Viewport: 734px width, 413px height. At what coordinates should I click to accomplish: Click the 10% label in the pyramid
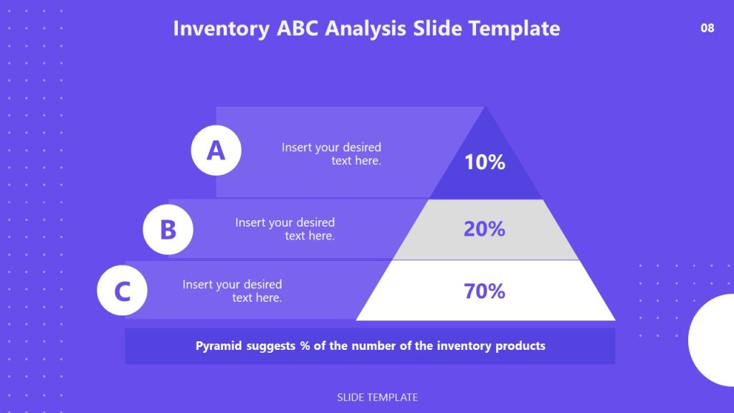point(485,162)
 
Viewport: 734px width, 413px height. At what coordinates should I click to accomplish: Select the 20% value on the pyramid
point(485,229)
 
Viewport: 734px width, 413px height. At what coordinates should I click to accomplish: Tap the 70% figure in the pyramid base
point(485,291)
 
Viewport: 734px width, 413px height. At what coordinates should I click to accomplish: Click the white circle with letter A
point(216,151)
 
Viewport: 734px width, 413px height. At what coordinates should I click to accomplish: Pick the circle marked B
point(168,229)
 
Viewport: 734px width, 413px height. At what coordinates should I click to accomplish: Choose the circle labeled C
point(123,292)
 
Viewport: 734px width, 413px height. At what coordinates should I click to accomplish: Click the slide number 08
point(707,29)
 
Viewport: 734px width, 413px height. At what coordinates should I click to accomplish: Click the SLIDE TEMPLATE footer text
point(377,397)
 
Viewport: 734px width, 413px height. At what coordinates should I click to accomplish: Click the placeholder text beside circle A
point(331,154)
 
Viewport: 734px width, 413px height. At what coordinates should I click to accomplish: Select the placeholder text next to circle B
point(285,229)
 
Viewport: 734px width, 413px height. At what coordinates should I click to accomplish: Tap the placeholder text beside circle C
point(232,291)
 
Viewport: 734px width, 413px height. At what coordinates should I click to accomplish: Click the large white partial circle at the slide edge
point(713,339)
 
